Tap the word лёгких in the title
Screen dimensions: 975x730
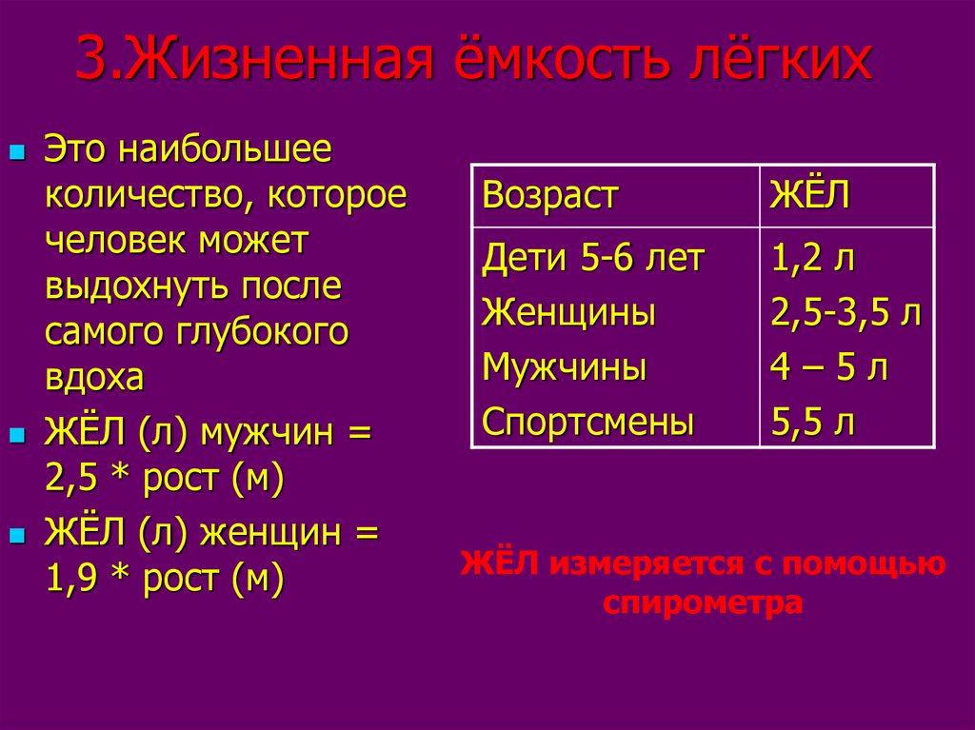[781, 60]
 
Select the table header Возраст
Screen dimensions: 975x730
[550, 196]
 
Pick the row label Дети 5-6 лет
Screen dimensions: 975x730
[593, 258]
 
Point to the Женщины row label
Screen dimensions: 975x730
[569, 313]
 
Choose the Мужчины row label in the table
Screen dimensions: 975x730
[565, 366]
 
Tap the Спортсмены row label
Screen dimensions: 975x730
[588, 423]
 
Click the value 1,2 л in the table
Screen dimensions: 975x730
[813, 258]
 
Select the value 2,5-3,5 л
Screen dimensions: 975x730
[846, 313]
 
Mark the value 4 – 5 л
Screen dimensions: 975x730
[829, 366]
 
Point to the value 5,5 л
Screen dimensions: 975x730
[813, 422]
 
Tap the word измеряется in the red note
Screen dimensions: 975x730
[647, 564]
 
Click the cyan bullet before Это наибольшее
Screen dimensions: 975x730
[18, 152]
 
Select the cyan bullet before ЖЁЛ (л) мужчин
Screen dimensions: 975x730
[18, 434]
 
